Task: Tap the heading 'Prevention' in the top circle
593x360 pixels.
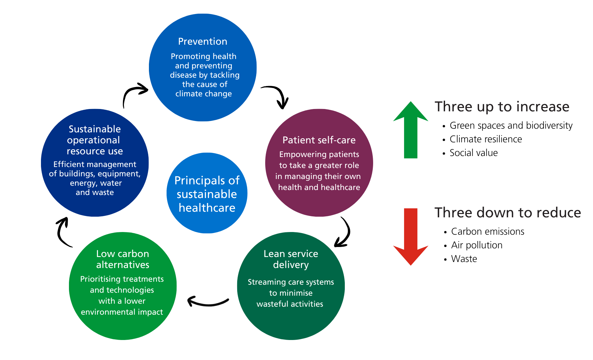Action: point(203,41)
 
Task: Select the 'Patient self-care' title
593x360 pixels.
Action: point(319,140)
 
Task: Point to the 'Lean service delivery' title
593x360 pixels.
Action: point(291,259)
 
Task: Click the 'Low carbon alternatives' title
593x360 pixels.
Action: point(123,259)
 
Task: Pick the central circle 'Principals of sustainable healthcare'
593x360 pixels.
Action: point(207,194)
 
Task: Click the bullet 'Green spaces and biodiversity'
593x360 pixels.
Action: point(511,126)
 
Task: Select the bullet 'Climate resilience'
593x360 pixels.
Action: point(485,139)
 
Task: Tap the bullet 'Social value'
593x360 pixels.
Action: point(473,153)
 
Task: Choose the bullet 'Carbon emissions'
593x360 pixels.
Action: point(487,232)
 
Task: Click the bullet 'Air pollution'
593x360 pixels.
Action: point(476,245)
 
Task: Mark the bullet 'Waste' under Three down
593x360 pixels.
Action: point(464,259)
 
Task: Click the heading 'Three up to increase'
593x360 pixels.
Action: point(502,107)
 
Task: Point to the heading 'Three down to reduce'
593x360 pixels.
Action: point(507,213)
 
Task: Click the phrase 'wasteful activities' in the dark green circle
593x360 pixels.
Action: point(290,304)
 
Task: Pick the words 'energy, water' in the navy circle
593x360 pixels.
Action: point(96,183)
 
